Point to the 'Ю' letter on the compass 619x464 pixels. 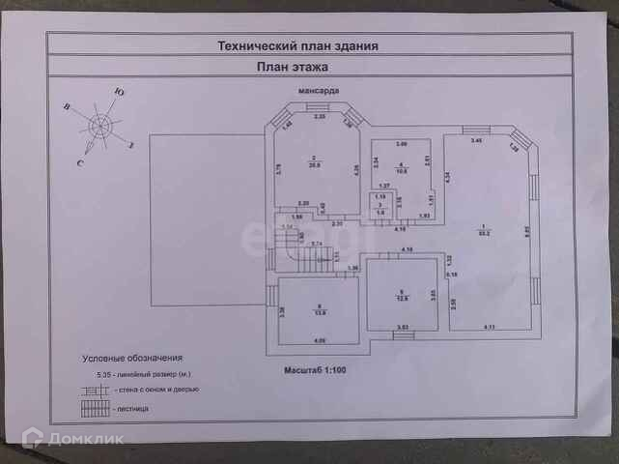pyautogui.click(x=117, y=93)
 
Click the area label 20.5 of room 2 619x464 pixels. pyautogui.click(x=314, y=163)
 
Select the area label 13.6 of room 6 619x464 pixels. pyautogui.click(x=318, y=312)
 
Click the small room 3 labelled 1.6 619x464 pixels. pyautogui.click(x=380, y=211)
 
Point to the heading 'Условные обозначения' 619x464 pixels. pyautogui.click(x=131, y=357)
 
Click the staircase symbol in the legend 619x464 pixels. pyautogui.click(x=95, y=409)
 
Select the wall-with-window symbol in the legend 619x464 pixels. pyautogui.click(x=95, y=390)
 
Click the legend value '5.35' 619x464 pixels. pyautogui.click(x=90, y=373)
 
